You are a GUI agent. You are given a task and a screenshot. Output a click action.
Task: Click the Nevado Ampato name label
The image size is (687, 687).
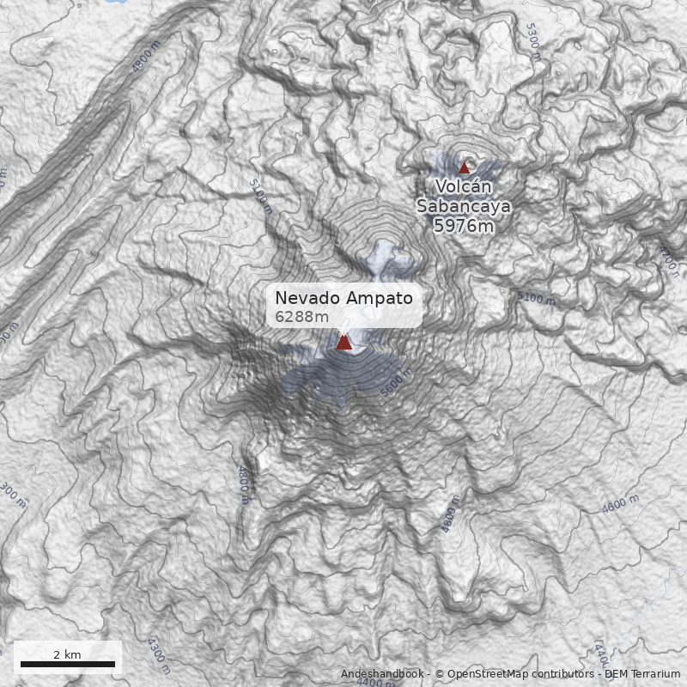(x=343, y=298)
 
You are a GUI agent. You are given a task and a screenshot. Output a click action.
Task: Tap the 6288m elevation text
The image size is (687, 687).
(x=301, y=317)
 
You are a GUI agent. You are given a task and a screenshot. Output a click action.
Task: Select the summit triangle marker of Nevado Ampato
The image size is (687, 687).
(x=343, y=343)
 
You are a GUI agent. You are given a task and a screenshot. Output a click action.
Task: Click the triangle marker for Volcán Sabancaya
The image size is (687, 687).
(x=465, y=167)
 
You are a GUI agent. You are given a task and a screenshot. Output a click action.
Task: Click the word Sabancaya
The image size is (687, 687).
(x=464, y=206)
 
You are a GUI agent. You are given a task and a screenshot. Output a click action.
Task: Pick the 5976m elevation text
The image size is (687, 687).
(x=464, y=226)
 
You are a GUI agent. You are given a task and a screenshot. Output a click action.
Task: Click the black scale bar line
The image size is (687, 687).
(x=68, y=664)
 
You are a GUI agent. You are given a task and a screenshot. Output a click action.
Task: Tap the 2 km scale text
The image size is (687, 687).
(x=67, y=654)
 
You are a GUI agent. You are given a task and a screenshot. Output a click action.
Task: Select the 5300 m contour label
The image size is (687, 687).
(x=533, y=41)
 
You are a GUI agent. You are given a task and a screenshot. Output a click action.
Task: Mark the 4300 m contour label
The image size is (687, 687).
(x=158, y=655)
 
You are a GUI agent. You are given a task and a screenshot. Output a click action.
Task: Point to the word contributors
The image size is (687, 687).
(x=564, y=674)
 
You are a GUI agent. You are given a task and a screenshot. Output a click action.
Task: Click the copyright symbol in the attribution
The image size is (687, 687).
(x=439, y=674)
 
